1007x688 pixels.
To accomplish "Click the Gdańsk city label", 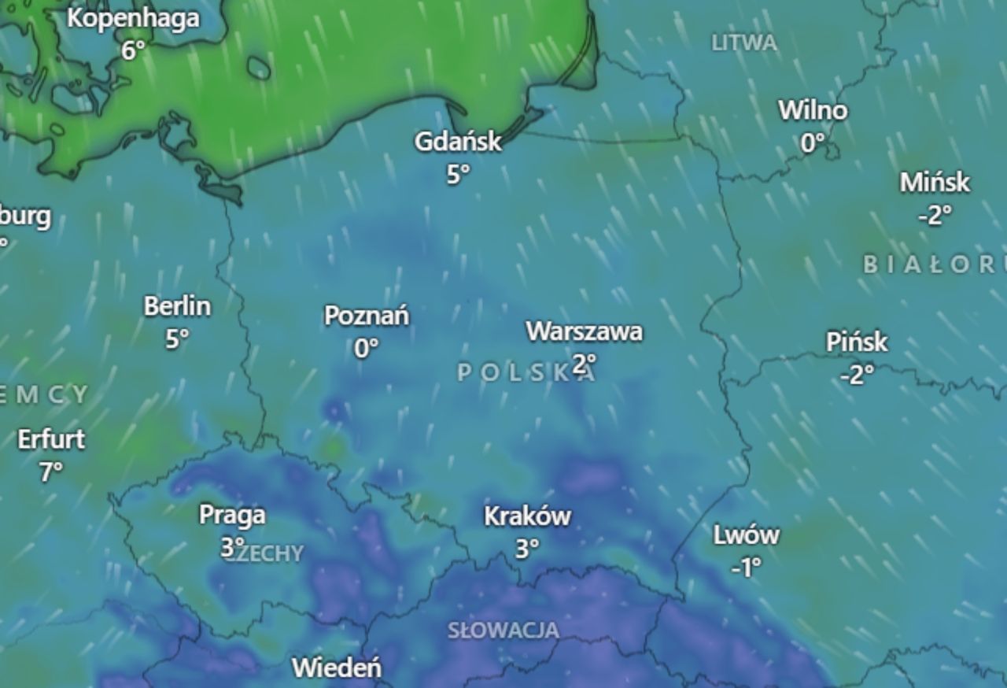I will coord(458,142).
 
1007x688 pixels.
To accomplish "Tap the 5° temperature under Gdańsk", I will coord(458,174).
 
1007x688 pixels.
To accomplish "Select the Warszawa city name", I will coord(584,331).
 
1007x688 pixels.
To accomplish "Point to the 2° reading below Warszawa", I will coord(584,364).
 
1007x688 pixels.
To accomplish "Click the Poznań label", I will coord(367,316).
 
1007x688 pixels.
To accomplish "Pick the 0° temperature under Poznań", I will coord(367,347).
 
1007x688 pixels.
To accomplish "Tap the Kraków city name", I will coord(527,516).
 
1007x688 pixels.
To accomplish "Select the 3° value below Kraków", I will coord(527,549).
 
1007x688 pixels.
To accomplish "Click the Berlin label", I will coord(177,306).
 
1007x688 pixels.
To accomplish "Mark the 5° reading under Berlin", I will coord(177,338).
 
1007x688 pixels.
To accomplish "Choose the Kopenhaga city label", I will coord(133,18).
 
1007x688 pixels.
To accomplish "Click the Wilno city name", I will coord(813,110).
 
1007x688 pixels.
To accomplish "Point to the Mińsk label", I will coord(935,183).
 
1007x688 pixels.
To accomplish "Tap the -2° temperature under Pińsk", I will coord(857,374).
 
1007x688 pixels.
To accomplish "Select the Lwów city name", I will coord(747,535).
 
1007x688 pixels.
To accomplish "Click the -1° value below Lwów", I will coord(746,567).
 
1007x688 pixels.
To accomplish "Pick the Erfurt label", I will coord(51,439).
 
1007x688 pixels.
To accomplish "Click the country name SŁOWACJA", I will coord(503,630).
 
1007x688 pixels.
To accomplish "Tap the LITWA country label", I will coord(744,43).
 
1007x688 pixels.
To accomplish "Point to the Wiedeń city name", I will coord(337,668).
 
